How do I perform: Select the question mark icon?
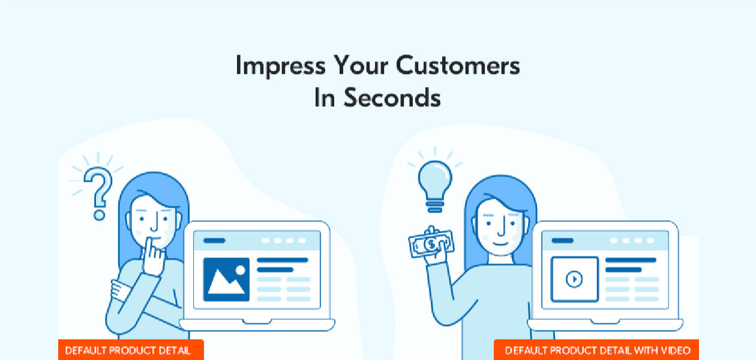[97, 187]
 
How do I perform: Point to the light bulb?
[434, 180]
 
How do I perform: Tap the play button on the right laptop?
[574, 279]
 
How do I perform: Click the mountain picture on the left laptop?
[226, 279]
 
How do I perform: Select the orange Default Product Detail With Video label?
[596, 350]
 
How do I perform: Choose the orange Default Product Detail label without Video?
[131, 350]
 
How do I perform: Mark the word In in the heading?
[324, 98]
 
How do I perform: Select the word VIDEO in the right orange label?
[676, 350]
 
